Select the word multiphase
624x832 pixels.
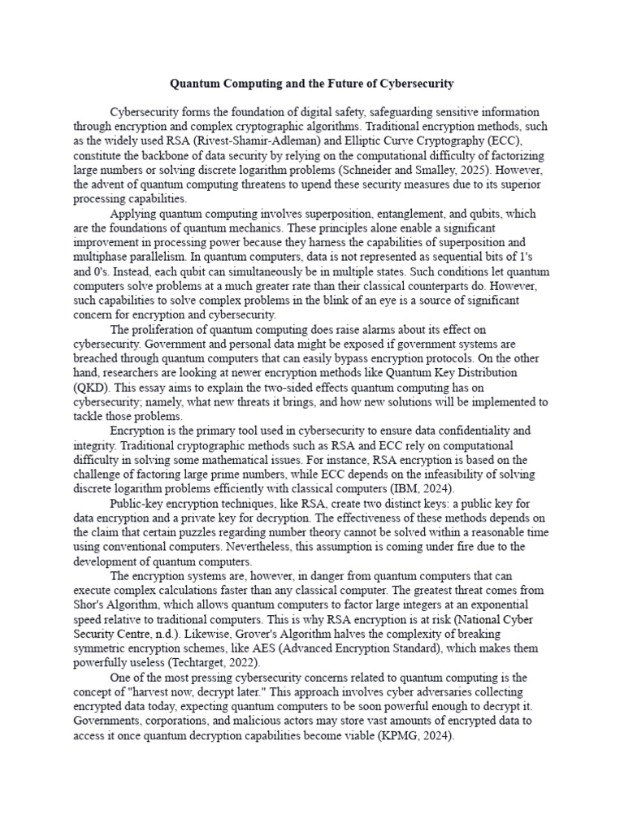[102, 258]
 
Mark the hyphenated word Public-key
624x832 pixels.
[136, 504]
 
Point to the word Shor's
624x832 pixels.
[91, 605]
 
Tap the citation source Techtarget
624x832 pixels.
[212, 664]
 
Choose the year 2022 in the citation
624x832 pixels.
[254, 664]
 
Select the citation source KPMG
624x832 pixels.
[396, 736]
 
